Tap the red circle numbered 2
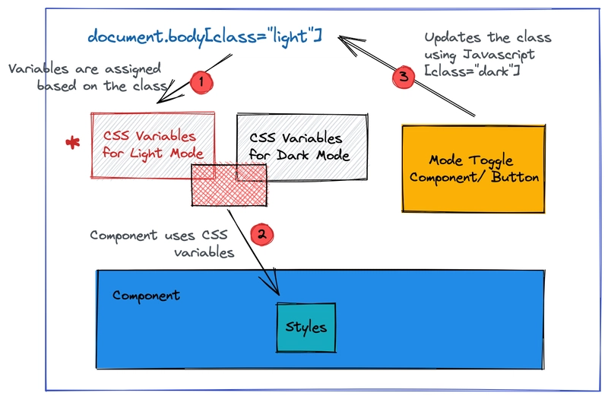pos(260,235)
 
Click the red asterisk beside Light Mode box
pos(74,143)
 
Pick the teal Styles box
pos(306,328)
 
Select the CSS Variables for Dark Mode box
pos(302,147)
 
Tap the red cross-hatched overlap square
pos(228,184)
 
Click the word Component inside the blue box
pos(147,295)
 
